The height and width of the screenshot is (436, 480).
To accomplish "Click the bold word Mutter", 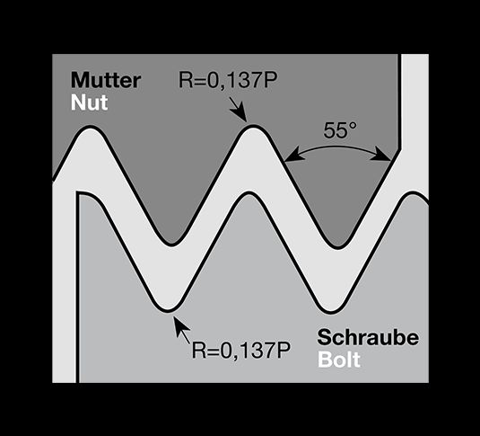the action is (x=106, y=80).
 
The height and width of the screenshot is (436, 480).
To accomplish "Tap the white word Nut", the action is (x=90, y=102).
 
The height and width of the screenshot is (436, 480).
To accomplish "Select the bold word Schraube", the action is (x=368, y=337).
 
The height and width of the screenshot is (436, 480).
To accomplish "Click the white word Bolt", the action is (x=339, y=360).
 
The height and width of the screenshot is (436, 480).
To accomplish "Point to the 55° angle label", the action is (x=340, y=130).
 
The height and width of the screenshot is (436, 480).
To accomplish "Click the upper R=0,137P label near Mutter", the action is (x=228, y=81).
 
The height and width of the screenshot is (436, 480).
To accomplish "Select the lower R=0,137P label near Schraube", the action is (x=241, y=351).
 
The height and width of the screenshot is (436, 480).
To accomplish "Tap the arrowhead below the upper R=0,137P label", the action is (x=241, y=114).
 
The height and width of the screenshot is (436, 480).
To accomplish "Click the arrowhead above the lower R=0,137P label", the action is (x=179, y=324).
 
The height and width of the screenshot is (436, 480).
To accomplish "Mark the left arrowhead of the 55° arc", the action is (x=293, y=156).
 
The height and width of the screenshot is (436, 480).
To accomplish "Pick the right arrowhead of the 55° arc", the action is (x=381, y=156).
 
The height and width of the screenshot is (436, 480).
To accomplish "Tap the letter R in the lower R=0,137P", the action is (x=198, y=351).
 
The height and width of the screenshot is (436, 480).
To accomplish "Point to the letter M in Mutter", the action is (x=79, y=80).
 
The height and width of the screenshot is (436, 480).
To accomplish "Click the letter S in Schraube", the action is (x=325, y=337).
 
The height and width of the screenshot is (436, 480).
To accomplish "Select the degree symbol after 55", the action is (x=353, y=126).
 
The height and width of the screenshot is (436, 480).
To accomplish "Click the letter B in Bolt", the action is (x=325, y=360).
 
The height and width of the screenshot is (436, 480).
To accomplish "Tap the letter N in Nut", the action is (x=78, y=102).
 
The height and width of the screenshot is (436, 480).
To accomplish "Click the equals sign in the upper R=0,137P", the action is (x=199, y=81).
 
